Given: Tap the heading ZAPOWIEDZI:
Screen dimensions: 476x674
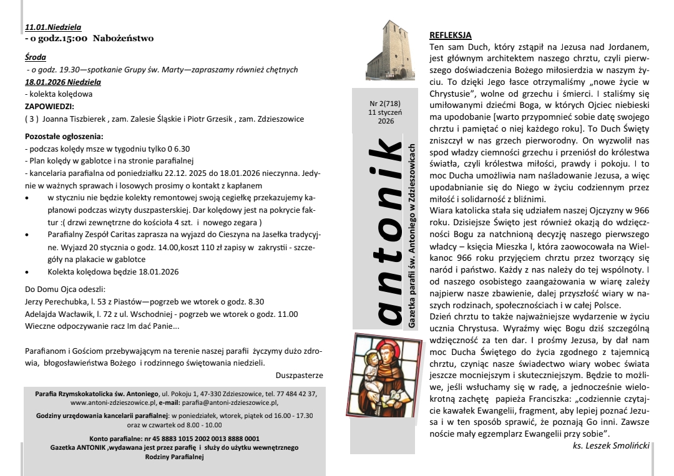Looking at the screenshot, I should coord(49,106).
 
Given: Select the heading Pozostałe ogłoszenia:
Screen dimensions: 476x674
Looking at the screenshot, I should coord(64,135).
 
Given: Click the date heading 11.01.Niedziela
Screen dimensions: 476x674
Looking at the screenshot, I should coord(53,27).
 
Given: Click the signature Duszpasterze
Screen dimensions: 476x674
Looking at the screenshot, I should coord(299,376).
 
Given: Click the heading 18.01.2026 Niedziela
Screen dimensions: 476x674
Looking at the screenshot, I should coord(62,82).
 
